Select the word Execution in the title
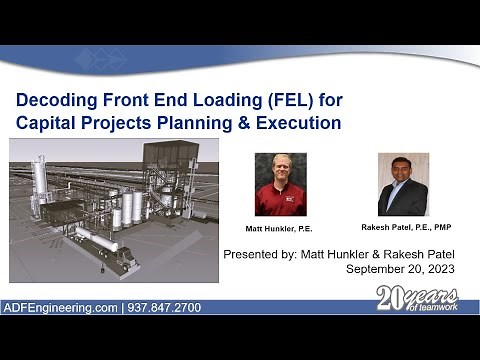297,123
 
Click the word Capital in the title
51,123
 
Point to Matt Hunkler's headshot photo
280,183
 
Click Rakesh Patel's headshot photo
403,183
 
